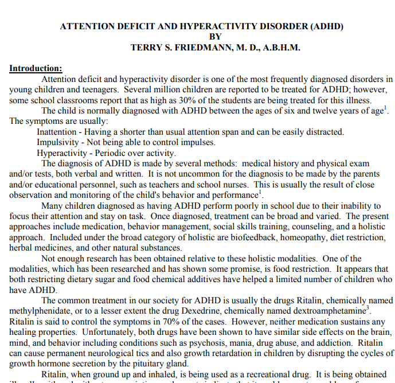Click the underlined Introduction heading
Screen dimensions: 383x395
click(36, 68)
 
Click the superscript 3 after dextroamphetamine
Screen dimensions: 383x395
click(367, 308)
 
